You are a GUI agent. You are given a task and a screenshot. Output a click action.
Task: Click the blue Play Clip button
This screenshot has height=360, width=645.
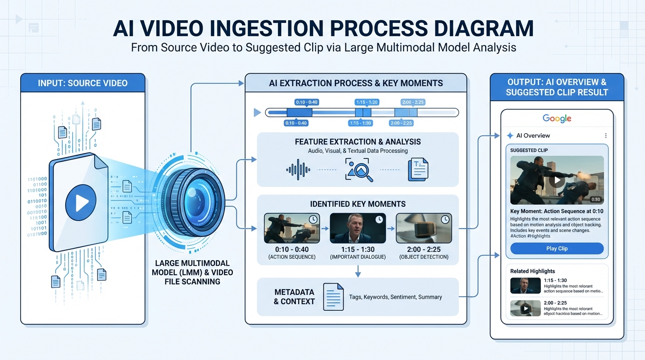(557, 248)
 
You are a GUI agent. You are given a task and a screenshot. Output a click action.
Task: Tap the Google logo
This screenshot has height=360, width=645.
(557, 119)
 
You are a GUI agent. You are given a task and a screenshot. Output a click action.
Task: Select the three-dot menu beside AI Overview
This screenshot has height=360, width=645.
(606, 135)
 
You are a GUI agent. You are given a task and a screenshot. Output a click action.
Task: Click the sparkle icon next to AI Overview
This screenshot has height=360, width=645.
(510, 135)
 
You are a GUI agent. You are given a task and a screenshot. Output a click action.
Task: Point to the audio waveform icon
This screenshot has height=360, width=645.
(298, 170)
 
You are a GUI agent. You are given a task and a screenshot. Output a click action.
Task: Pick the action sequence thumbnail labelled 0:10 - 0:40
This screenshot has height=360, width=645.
(292, 228)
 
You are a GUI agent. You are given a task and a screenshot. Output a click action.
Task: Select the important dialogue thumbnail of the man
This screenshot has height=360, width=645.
(358, 228)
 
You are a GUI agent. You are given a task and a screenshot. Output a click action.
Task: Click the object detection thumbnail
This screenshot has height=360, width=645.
(424, 228)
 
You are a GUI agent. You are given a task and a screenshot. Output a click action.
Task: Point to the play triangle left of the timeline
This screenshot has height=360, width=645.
(257, 112)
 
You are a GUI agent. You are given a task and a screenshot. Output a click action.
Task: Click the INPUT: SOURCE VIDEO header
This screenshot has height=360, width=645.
(82, 83)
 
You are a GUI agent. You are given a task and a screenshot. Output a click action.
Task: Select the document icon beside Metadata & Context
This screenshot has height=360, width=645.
(333, 297)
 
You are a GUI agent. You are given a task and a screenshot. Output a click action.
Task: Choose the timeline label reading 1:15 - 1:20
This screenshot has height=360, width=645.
(367, 102)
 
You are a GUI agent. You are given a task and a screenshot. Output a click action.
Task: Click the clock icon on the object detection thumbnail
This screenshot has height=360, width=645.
(445, 219)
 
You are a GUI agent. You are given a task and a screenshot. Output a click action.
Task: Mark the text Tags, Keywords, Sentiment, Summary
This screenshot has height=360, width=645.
(396, 297)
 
